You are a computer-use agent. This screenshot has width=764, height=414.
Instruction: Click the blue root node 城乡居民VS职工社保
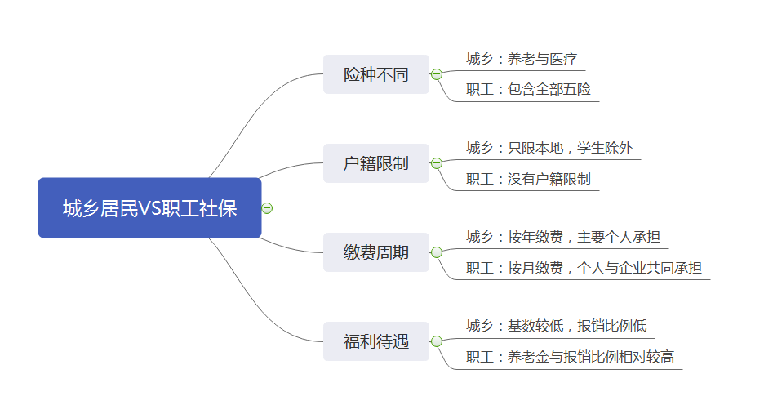[x=149, y=207]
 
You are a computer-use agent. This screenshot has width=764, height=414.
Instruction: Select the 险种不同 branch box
[x=376, y=74]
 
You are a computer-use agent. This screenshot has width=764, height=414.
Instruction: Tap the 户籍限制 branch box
[x=376, y=163]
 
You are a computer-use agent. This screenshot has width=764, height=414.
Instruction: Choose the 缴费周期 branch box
[x=376, y=252]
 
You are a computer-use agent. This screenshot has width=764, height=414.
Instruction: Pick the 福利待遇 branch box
[x=376, y=341]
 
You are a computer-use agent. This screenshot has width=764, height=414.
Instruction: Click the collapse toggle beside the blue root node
[x=267, y=208]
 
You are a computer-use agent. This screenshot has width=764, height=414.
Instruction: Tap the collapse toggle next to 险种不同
[x=437, y=74]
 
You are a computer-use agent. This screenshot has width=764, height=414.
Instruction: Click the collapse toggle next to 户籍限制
[x=437, y=163]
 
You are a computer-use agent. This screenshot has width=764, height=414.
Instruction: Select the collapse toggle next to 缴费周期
[x=437, y=252]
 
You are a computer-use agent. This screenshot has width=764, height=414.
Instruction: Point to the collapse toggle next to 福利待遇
[x=437, y=341]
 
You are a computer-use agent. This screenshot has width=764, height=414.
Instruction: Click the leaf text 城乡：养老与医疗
[x=522, y=59]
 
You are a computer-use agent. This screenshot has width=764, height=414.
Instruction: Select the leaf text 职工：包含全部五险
[x=528, y=89]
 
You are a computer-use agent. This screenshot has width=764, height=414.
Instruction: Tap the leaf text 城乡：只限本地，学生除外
[x=549, y=148]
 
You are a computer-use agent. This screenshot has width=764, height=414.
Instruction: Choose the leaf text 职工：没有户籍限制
[x=528, y=179]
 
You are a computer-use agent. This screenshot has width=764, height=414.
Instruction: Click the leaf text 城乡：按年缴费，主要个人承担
[x=563, y=237]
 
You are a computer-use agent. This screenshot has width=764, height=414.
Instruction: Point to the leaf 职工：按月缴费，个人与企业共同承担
[x=584, y=268]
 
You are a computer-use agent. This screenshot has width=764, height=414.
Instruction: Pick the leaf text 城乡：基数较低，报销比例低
[x=557, y=325]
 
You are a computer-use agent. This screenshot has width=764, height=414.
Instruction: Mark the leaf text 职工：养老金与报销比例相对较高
[x=570, y=357]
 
